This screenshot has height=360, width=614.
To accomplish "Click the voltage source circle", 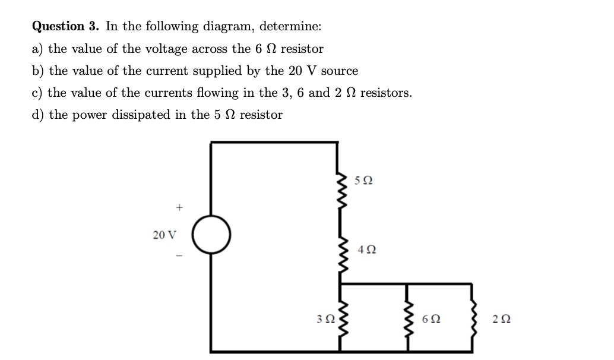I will pos(211,233).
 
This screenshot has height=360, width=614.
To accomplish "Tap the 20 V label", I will pos(164,235).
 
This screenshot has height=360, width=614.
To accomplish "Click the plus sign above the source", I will pos(178,207).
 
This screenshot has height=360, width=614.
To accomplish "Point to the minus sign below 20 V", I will pos(178,257).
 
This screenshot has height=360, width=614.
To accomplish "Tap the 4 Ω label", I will pos(366,250).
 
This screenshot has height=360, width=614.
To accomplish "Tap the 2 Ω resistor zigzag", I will pos(473,318).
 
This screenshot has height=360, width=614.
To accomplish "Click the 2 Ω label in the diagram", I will pos(501,319).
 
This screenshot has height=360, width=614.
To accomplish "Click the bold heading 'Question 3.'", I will pos(67,26).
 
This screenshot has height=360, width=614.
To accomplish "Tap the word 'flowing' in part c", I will pos(221,93).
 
